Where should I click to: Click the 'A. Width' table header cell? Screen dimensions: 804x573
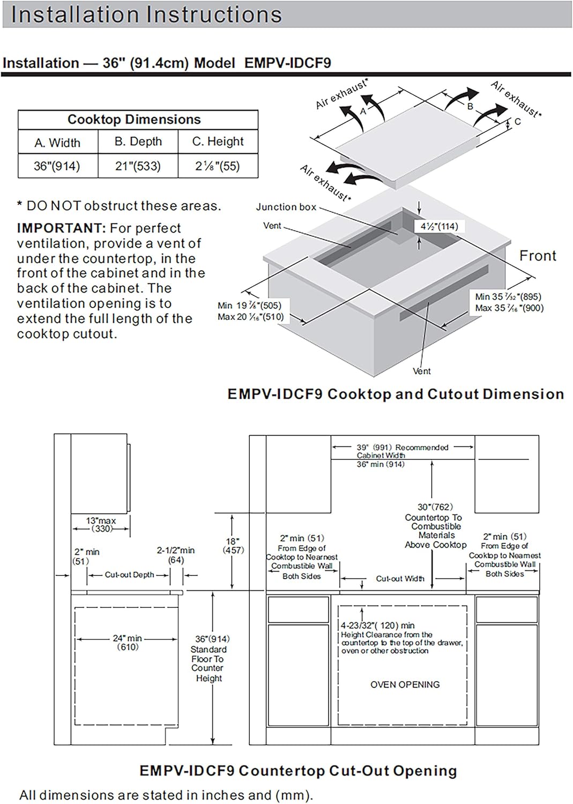pyautogui.click(x=57, y=143)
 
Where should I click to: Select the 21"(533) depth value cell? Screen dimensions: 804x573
pyautogui.click(x=138, y=166)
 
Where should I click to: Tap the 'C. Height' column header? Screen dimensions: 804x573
pyautogui.click(x=218, y=142)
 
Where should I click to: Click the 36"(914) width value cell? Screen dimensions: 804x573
pyautogui.click(x=57, y=166)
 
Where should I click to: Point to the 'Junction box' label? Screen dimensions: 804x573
pyautogui.click(x=286, y=207)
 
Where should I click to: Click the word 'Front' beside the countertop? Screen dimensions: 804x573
pyautogui.click(x=538, y=256)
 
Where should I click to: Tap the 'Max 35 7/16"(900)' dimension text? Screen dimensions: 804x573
pyautogui.click(x=509, y=308)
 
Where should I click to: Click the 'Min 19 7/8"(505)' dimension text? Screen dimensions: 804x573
pyautogui.click(x=249, y=306)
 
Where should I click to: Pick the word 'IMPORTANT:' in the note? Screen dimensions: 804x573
pyautogui.click(x=62, y=228)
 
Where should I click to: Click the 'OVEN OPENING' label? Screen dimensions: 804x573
pyautogui.click(x=405, y=684)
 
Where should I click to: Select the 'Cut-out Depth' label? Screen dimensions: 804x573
pyautogui.click(x=129, y=575)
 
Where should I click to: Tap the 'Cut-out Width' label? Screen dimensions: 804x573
pyautogui.click(x=400, y=579)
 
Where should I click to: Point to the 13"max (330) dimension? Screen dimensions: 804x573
pyautogui.click(x=101, y=524)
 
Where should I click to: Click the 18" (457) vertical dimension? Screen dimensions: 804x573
pyautogui.click(x=233, y=546)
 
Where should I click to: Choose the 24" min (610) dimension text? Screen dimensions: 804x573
pyautogui.click(x=128, y=642)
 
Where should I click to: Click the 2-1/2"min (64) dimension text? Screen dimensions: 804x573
pyautogui.click(x=176, y=555)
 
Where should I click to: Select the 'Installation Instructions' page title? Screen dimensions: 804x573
pyautogui.click(x=146, y=14)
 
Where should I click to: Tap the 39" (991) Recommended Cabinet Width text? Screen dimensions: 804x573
pyautogui.click(x=402, y=451)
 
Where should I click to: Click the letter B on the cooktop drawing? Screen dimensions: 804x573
pyautogui.click(x=470, y=106)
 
